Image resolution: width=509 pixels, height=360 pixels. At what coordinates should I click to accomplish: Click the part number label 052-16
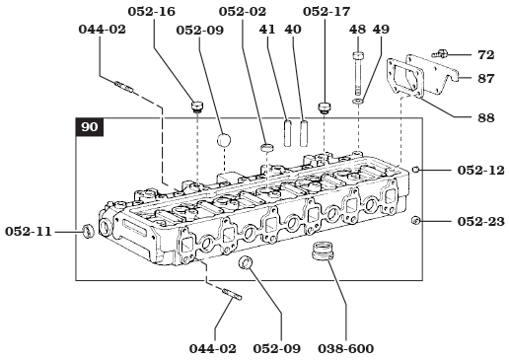[151, 13]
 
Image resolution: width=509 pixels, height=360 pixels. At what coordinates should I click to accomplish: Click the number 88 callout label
[485, 117]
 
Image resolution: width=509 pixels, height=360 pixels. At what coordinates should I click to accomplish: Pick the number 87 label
[485, 77]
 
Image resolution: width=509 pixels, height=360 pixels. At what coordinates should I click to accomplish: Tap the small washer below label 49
[358, 100]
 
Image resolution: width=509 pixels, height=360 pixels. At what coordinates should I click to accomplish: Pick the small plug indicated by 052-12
[416, 170]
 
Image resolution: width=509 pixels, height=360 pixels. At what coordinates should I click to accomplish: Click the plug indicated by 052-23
[416, 220]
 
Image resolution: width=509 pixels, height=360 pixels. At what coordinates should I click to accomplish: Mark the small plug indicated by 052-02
[266, 149]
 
